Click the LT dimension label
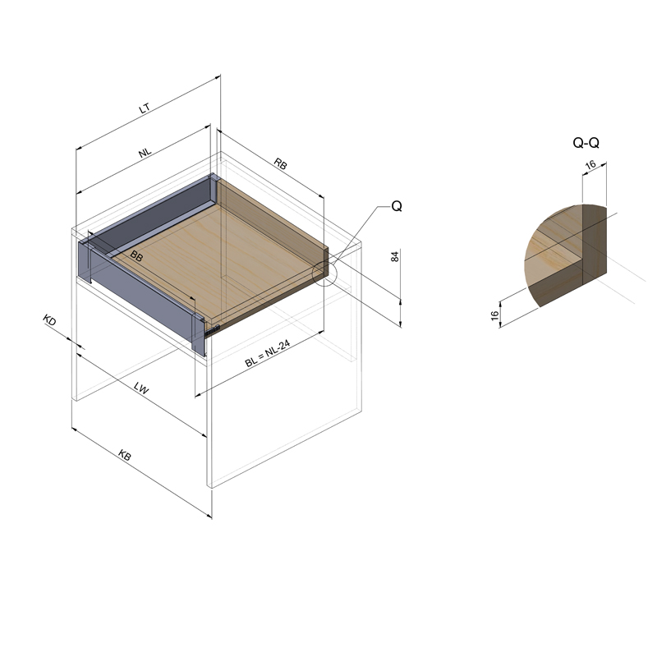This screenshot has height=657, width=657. tap(145, 109)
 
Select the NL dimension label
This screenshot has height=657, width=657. tap(145, 153)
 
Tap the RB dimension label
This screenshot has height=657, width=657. tap(281, 163)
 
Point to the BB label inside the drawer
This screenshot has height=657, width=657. tap(136, 255)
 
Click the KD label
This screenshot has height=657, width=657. tap(49, 320)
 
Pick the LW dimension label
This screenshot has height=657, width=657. tap(141, 388)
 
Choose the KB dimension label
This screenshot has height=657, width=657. tap(125, 455)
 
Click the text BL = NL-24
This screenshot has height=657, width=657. tap(268, 354)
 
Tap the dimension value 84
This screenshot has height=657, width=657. tap(395, 256)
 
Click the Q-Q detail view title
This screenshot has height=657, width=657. tap(586, 143)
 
